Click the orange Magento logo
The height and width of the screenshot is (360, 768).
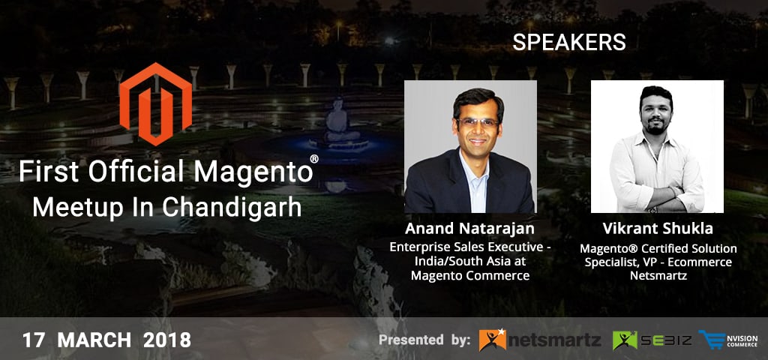[x=156, y=103]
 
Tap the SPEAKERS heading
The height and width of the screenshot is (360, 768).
[x=569, y=43]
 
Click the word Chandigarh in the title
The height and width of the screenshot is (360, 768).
[x=232, y=208]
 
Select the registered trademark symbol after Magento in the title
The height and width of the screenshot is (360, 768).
[x=314, y=159]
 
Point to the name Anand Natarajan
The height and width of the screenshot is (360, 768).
[x=469, y=229]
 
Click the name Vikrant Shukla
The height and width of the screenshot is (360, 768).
[x=658, y=229]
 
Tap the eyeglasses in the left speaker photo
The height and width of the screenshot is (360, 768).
[x=477, y=123]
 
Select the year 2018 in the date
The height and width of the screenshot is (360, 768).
[x=167, y=340]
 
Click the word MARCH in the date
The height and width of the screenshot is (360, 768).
[x=94, y=340]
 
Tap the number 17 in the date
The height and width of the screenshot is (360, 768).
[x=34, y=340]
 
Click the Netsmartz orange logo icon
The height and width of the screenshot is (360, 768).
[x=492, y=340]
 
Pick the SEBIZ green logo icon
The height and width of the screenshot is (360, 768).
[x=625, y=340]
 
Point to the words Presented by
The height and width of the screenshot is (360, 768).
[x=425, y=340]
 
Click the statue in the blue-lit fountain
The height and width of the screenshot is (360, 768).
[x=337, y=121]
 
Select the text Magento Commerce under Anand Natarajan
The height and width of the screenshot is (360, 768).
[x=469, y=276]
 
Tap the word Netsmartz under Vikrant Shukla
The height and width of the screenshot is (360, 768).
[x=658, y=276]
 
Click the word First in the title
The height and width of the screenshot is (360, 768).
[x=49, y=172]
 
